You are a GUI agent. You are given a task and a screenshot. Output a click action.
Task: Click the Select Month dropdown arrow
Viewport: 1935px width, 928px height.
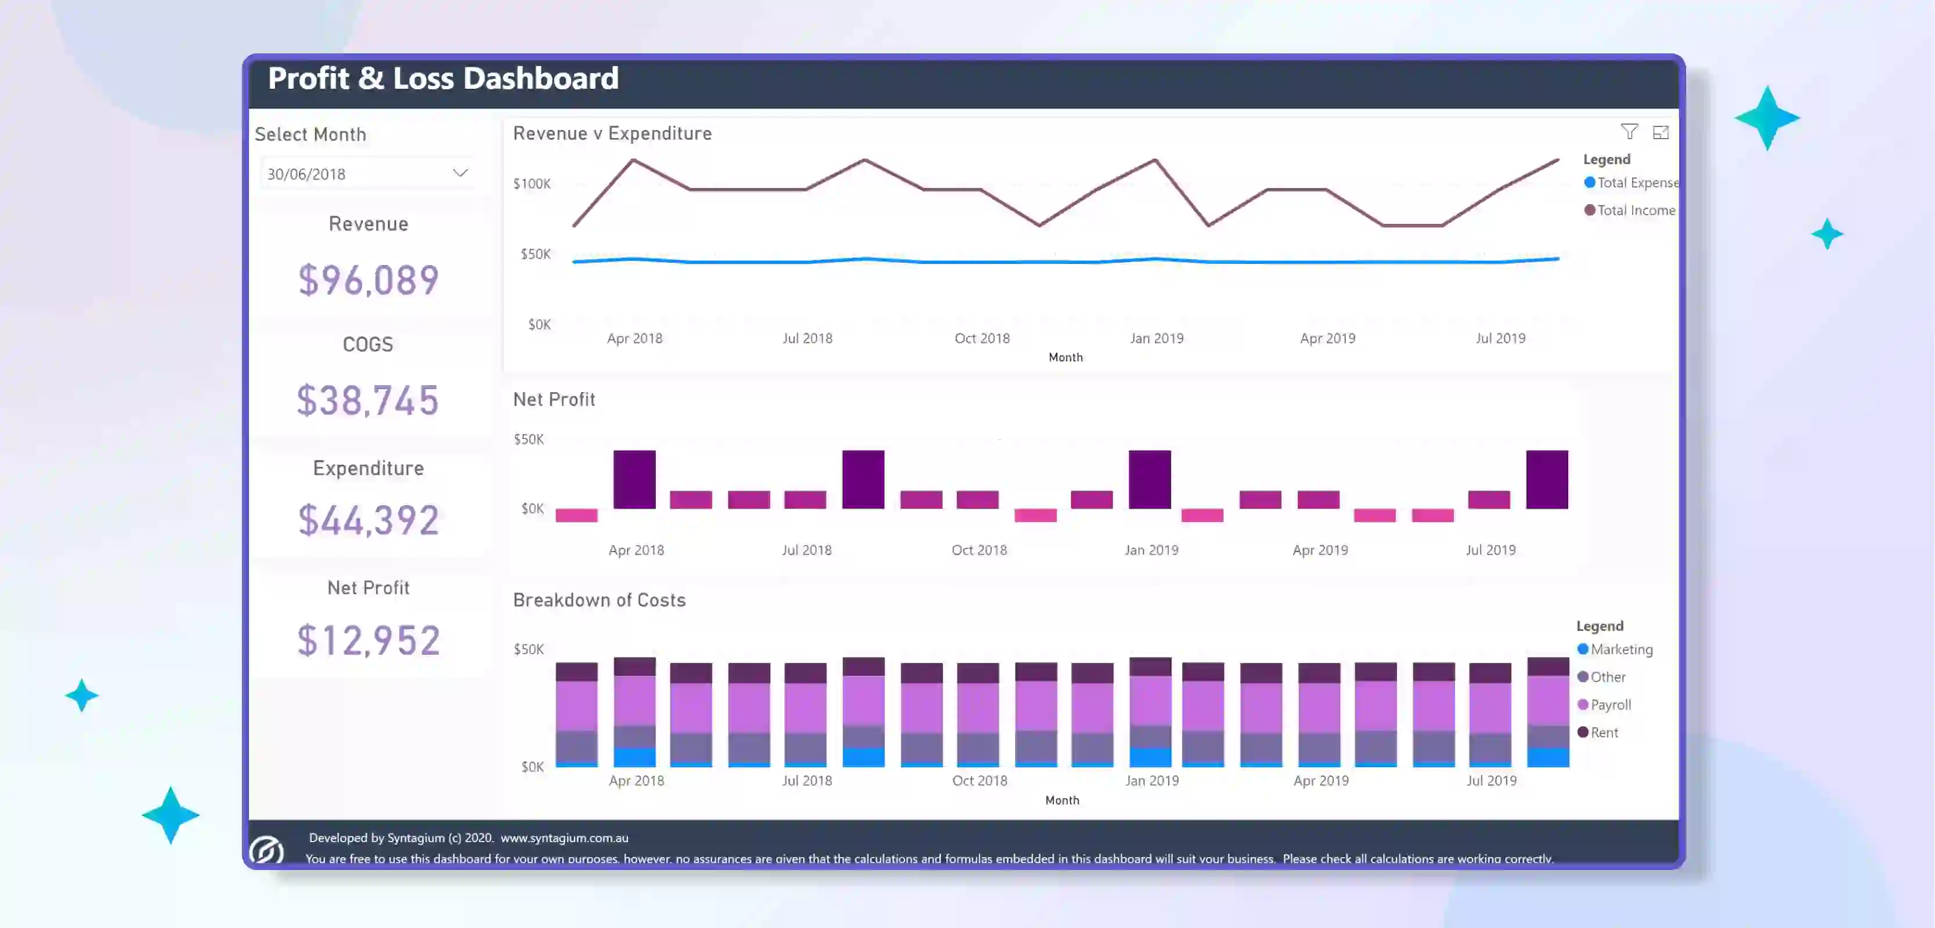[x=460, y=173]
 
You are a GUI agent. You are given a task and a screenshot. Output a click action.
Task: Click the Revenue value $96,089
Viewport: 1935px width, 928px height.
[x=368, y=280]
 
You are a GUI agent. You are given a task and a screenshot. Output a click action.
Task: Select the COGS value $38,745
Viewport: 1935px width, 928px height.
[x=367, y=400]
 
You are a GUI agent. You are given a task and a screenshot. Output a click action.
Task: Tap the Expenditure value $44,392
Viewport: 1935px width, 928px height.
[x=368, y=520]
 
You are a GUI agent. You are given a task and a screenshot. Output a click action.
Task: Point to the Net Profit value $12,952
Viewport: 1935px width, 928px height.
[x=368, y=640]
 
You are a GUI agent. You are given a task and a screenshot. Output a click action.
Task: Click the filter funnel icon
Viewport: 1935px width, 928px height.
[x=1629, y=132]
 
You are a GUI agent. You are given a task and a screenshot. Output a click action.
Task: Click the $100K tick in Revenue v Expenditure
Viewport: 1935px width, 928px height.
[x=532, y=184]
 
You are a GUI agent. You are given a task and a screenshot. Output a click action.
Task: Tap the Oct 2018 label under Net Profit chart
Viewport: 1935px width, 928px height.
[x=979, y=550]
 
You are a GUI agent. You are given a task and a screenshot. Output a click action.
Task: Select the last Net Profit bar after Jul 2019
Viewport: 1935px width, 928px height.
[x=1547, y=479]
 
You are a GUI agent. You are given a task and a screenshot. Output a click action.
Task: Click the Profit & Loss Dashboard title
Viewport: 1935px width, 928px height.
[x=443, y=79]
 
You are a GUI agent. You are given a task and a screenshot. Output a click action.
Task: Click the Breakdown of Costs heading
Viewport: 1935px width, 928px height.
[x=599, y=600]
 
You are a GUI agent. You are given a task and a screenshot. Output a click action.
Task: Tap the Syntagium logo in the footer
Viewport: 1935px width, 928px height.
[x=266, y=850]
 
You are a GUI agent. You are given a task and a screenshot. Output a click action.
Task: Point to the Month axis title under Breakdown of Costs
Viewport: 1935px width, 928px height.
[x=1062, y=800]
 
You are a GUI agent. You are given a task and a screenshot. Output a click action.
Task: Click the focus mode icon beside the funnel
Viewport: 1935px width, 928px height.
[x=1660, y=132]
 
